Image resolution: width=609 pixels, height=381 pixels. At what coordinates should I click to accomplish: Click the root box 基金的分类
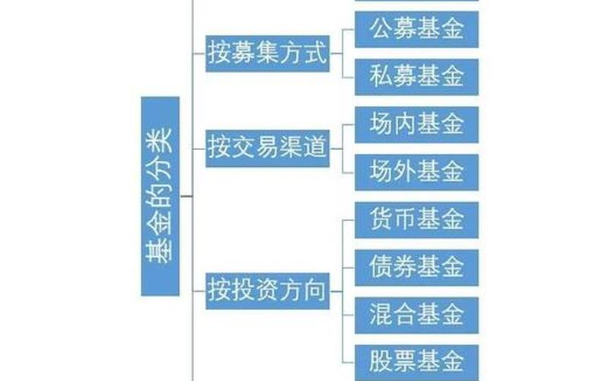160,196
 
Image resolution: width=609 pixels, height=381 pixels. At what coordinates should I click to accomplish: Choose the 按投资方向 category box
266,290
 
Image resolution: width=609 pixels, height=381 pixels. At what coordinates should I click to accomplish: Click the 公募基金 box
416,30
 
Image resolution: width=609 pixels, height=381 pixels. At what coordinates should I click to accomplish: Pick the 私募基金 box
416,76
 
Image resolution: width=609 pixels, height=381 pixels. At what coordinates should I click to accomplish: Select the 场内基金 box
416,124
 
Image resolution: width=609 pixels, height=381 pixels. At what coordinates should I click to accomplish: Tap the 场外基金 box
416,171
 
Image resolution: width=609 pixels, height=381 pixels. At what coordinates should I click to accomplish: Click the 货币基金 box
416,219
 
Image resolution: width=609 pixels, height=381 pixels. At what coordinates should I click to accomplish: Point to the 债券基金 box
416,267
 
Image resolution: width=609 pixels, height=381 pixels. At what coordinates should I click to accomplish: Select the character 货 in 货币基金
381,219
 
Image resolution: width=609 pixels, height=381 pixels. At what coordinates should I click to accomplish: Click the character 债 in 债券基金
381,267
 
